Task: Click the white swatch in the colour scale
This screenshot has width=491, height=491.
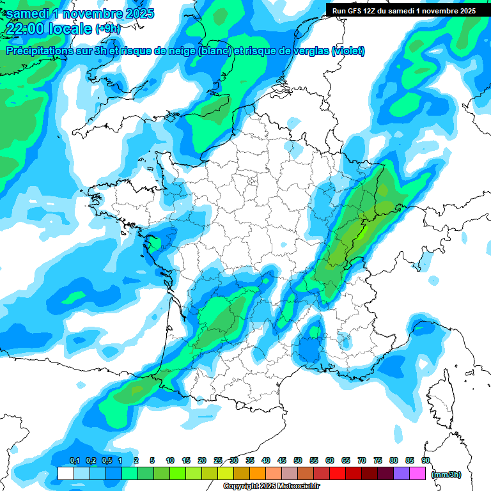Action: click(65, 474)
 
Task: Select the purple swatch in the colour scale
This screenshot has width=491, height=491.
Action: click(401, 474)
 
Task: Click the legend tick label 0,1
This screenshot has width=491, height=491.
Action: click(74, 461)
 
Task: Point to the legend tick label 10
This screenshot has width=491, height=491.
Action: click(170, 461)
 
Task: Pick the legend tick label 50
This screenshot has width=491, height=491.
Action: click(298, 461)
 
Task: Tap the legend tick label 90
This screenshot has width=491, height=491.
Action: click(426, 461)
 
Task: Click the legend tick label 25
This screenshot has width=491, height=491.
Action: click(218, 461)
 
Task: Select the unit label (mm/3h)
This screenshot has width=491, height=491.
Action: click(446, 474)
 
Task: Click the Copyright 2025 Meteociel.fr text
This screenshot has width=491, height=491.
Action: click(271, 487)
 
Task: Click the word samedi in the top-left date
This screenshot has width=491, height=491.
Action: click(26, 13)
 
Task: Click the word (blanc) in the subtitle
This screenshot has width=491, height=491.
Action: click(215, 51)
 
